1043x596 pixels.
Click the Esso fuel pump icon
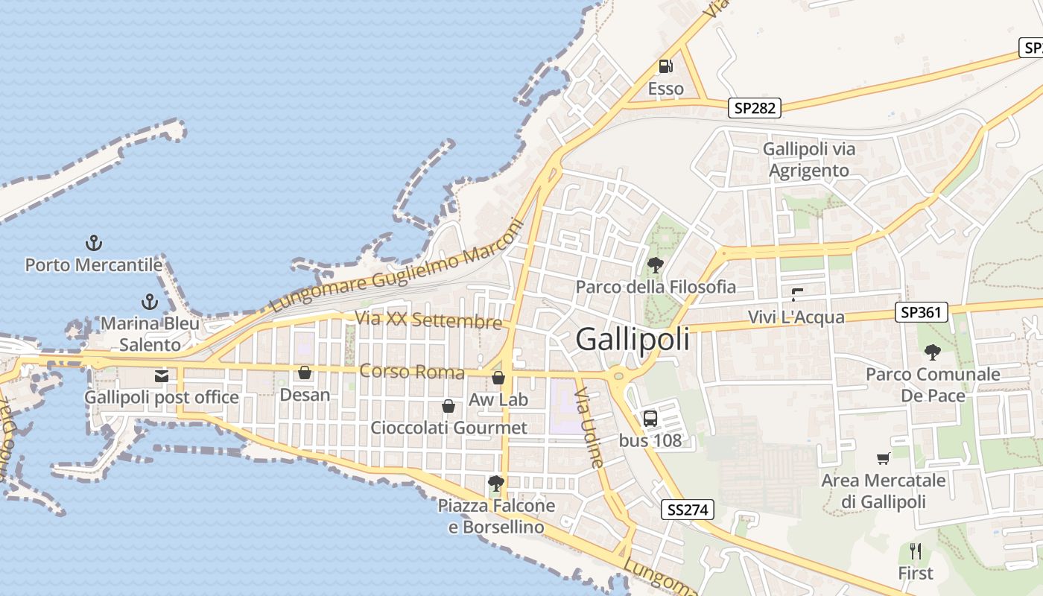(x=665, y=66)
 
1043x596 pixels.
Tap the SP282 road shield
(x=755, y=108)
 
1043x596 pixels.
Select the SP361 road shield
(x=922, y=312)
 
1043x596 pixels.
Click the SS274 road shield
(x=688, y=510)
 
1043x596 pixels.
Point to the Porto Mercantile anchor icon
(x=94, y=243)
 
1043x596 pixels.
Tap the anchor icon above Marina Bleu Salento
(x=150, y=302)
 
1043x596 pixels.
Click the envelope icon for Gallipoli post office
(x=162, y=376)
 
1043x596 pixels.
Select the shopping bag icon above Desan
(x=305, y=372)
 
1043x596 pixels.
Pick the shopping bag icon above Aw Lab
(x=498, y=378)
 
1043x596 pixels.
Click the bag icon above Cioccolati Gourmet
(x=448, y=406)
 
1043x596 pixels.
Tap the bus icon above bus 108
(x=650, y=418)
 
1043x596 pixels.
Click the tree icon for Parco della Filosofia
(x=656, y=264)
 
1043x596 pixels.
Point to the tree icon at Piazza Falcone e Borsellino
(x=495, y=484)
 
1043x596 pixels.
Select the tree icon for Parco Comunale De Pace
(x=932, y=352)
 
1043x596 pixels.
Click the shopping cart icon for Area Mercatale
(x=884, y=459)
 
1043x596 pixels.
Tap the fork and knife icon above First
(x=916, y=552)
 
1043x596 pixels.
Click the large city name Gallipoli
(x=633, y=340)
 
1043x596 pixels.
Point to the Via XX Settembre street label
(x=428, y=320)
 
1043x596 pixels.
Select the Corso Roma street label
(x=412, y=371)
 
